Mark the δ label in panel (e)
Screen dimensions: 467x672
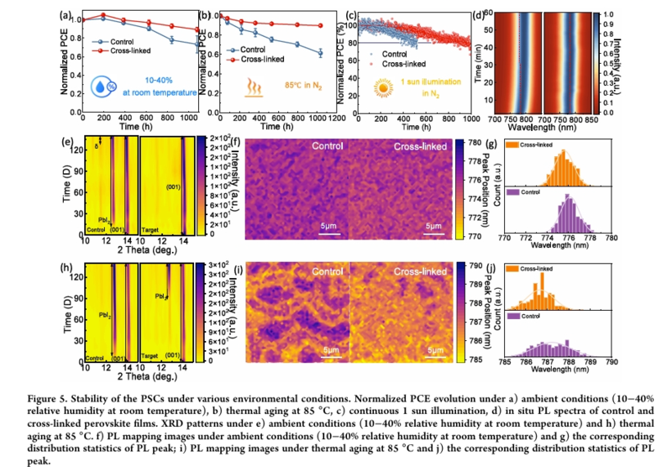coord(97,148)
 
